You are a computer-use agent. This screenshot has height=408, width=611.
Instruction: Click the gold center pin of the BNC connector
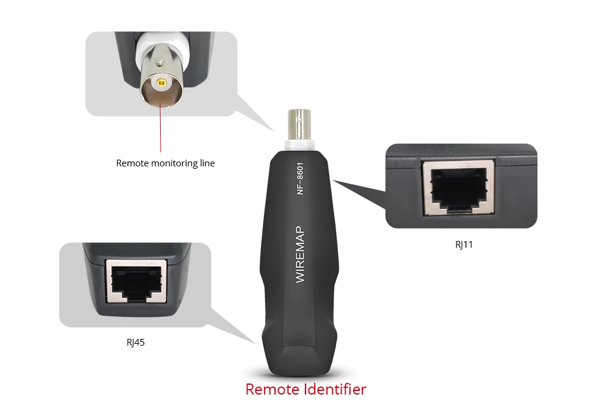tap(161, 83)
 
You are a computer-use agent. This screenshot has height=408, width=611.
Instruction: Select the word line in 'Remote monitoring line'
tap(207, 163)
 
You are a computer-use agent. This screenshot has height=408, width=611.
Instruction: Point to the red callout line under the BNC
tap(160, 127)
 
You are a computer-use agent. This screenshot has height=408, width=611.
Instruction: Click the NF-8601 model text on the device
tap(299, 178)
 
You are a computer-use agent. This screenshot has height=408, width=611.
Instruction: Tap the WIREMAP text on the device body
tap(299, 254)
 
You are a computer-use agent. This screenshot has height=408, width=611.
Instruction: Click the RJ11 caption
tap(464, 245)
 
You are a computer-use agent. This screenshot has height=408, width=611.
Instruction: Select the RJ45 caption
tap(136, 343)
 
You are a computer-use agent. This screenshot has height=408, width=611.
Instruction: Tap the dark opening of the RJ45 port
tap(136, 282)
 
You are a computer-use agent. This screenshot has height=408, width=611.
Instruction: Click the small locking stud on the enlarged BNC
tap(159, 61)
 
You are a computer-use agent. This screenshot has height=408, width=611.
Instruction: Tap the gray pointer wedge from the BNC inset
tap(254, 113)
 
